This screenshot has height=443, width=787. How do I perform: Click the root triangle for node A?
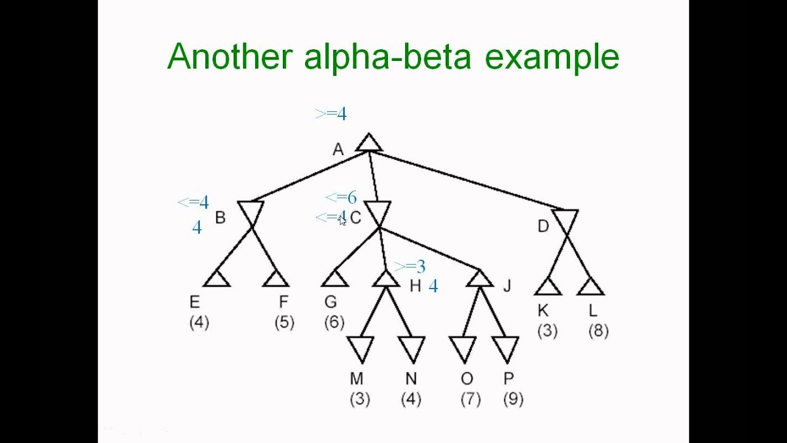tap(369, 143)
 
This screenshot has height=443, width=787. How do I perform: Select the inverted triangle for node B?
tap(250, 211)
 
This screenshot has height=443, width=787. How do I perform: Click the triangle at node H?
tap(386, 279)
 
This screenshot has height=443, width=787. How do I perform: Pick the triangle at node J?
tap(480, 279)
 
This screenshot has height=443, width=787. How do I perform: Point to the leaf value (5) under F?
tap(284, 322)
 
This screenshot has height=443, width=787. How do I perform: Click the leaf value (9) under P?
tap(513, 399)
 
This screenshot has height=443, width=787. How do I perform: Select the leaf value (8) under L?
tap(598, 332)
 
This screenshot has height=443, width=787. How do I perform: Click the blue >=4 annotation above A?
tap(331, 114)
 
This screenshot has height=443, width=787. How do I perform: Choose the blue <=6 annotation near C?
tap(341, 198)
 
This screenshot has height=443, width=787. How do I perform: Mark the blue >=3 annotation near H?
tap(409, 266)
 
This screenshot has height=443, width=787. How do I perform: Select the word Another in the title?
tap(229, 57)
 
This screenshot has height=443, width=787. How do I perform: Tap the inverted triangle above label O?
tap(462, 348)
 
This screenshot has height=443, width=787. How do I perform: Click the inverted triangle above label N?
tap(411, 348)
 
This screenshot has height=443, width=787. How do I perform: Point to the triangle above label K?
tap(547, 287)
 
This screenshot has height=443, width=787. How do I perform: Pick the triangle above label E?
tap(216, 279)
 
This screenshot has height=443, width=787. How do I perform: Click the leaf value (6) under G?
tap(333, 322)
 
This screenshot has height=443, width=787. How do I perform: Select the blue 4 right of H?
tap(433, 286)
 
